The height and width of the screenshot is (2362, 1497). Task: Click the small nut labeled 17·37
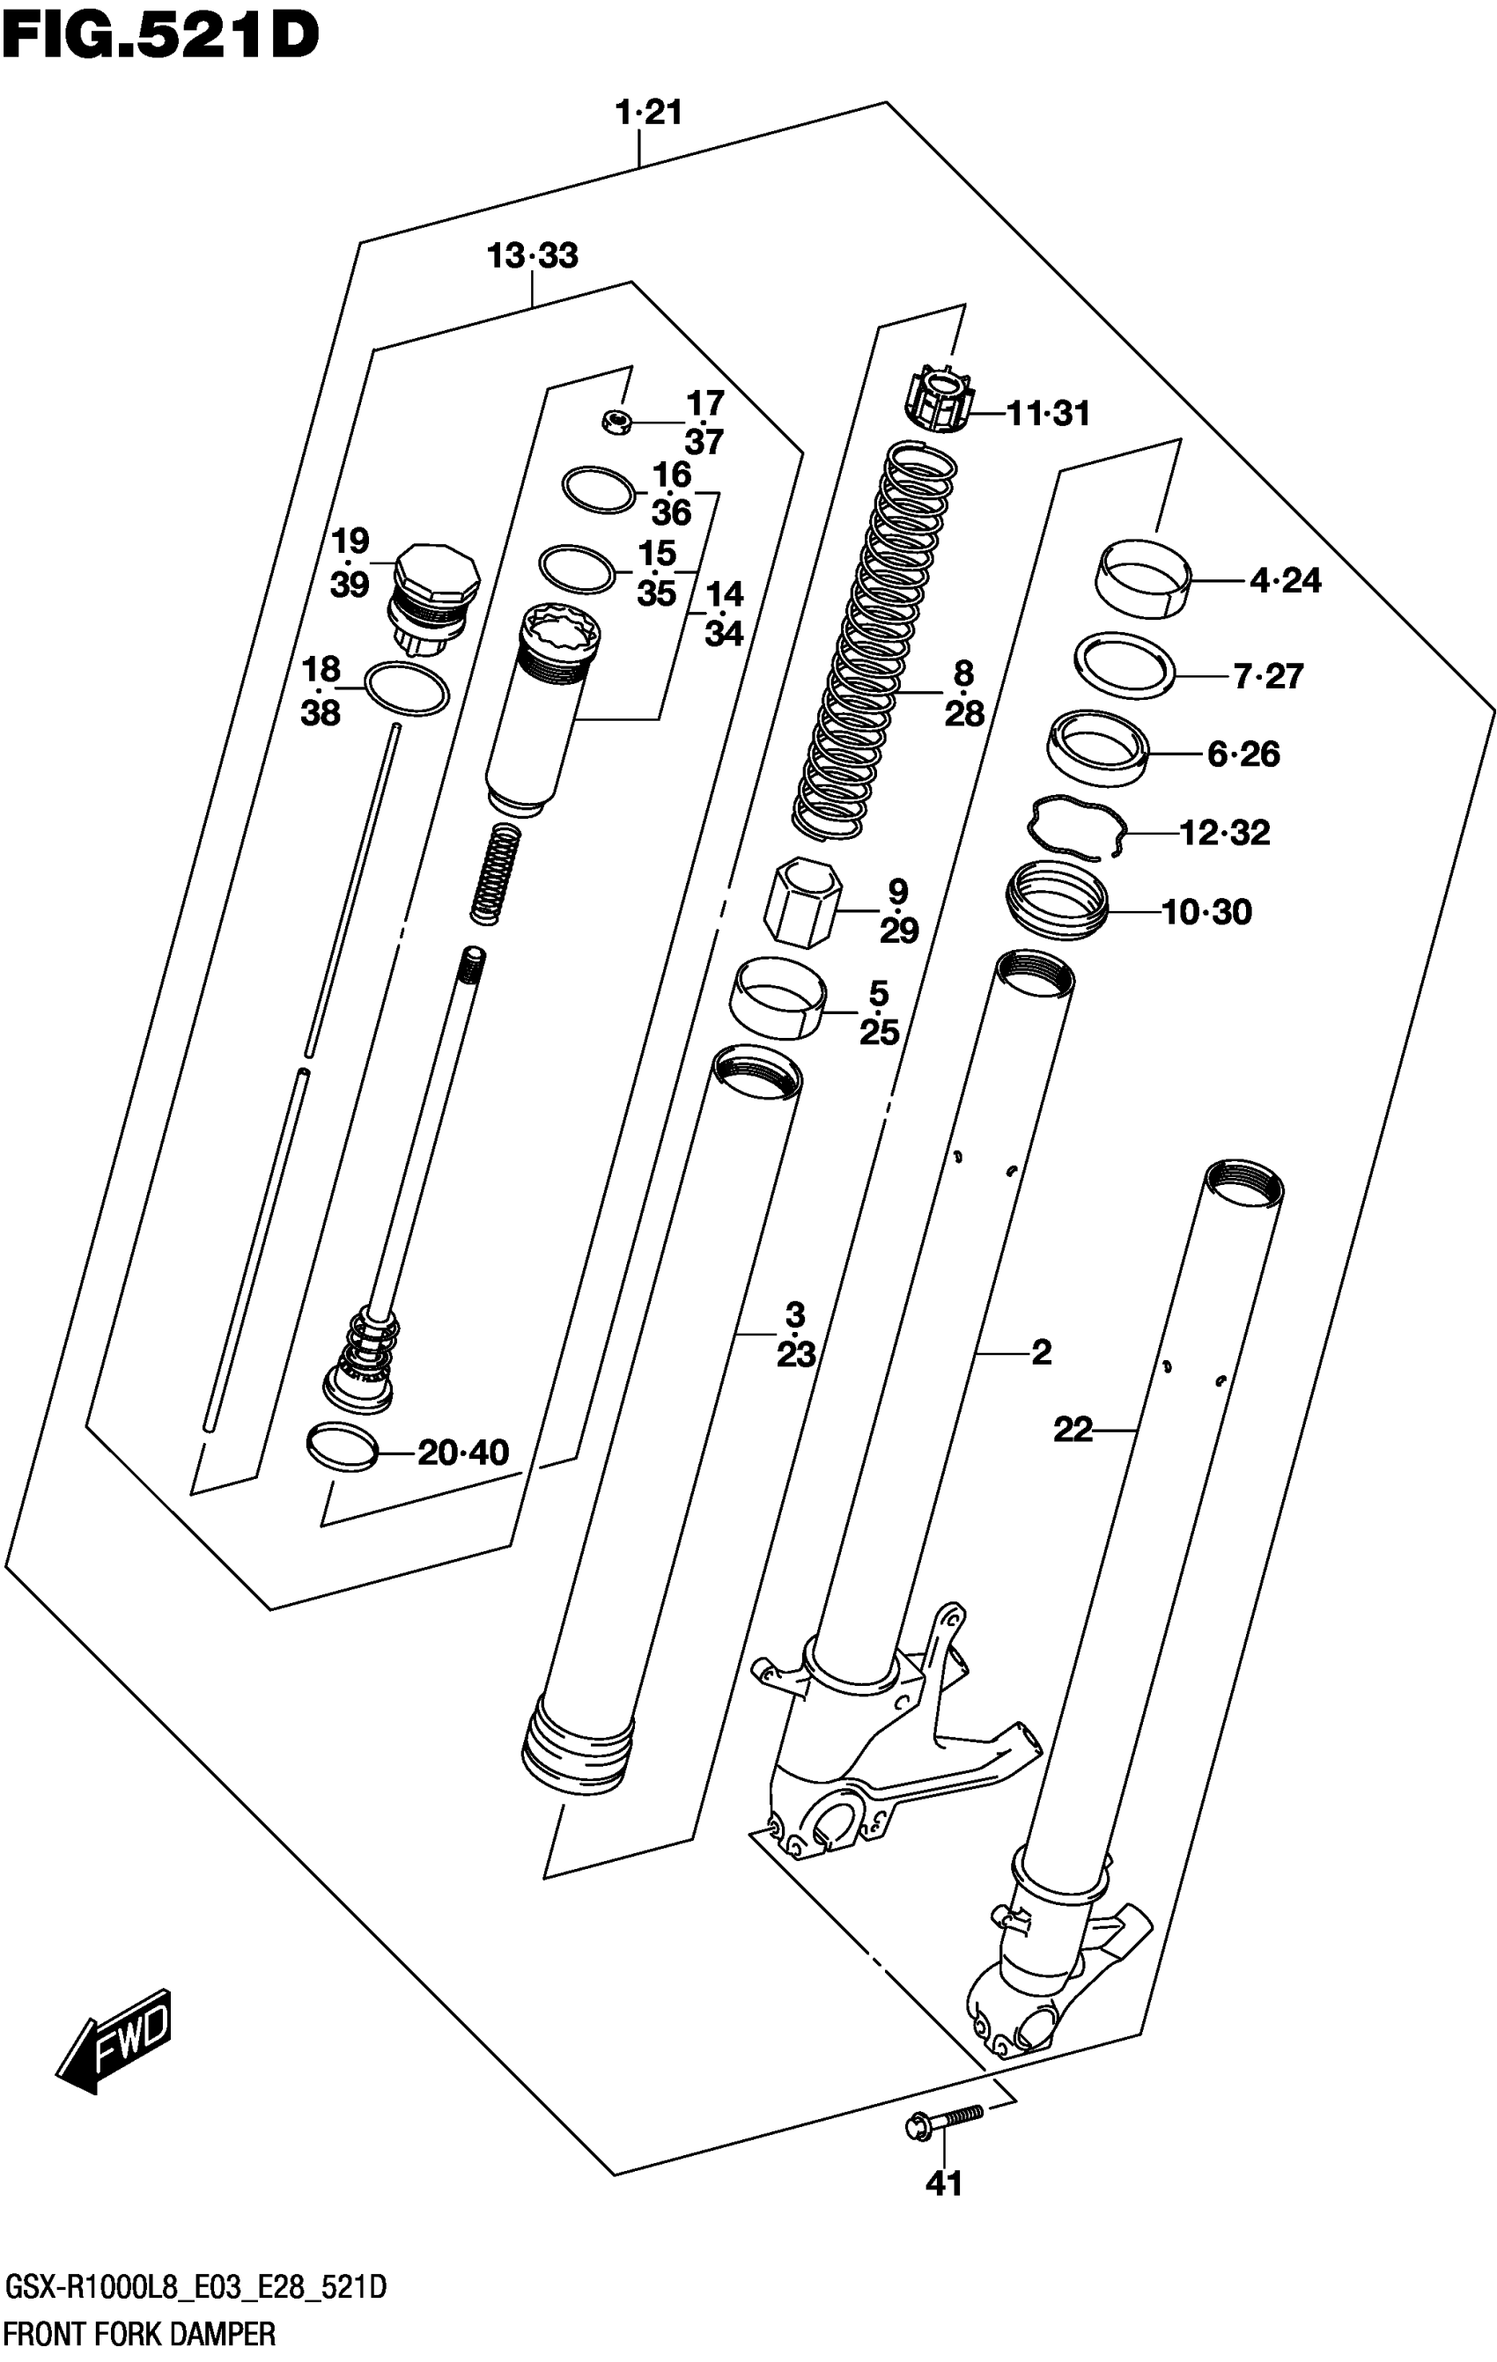click(x=615, y=423)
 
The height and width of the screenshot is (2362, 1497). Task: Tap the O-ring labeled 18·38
click(x=406, y=688)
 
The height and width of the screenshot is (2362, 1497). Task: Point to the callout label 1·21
click(x=648, y=113)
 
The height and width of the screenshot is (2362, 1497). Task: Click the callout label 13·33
click(x=533, y=256)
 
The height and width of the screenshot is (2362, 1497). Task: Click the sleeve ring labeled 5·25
click(x=776, y=997)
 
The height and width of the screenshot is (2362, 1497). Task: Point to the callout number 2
click(x=1041, y=1351)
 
